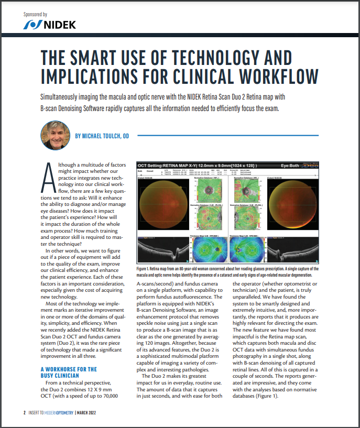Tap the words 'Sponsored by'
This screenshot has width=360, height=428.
(36, 15)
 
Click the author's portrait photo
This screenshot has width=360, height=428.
(55, 136)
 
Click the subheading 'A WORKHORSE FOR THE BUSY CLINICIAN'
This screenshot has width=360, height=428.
(69, 372)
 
